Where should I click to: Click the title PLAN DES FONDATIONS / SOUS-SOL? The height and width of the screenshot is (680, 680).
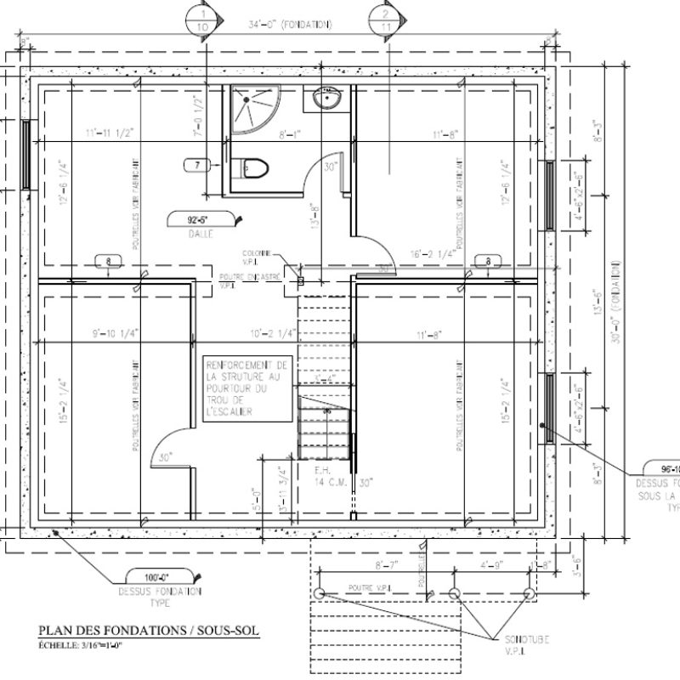pyautogui.click(x=149, y=631)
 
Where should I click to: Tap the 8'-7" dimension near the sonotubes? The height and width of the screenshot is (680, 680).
pyautogui.click(x=387, y=564)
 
